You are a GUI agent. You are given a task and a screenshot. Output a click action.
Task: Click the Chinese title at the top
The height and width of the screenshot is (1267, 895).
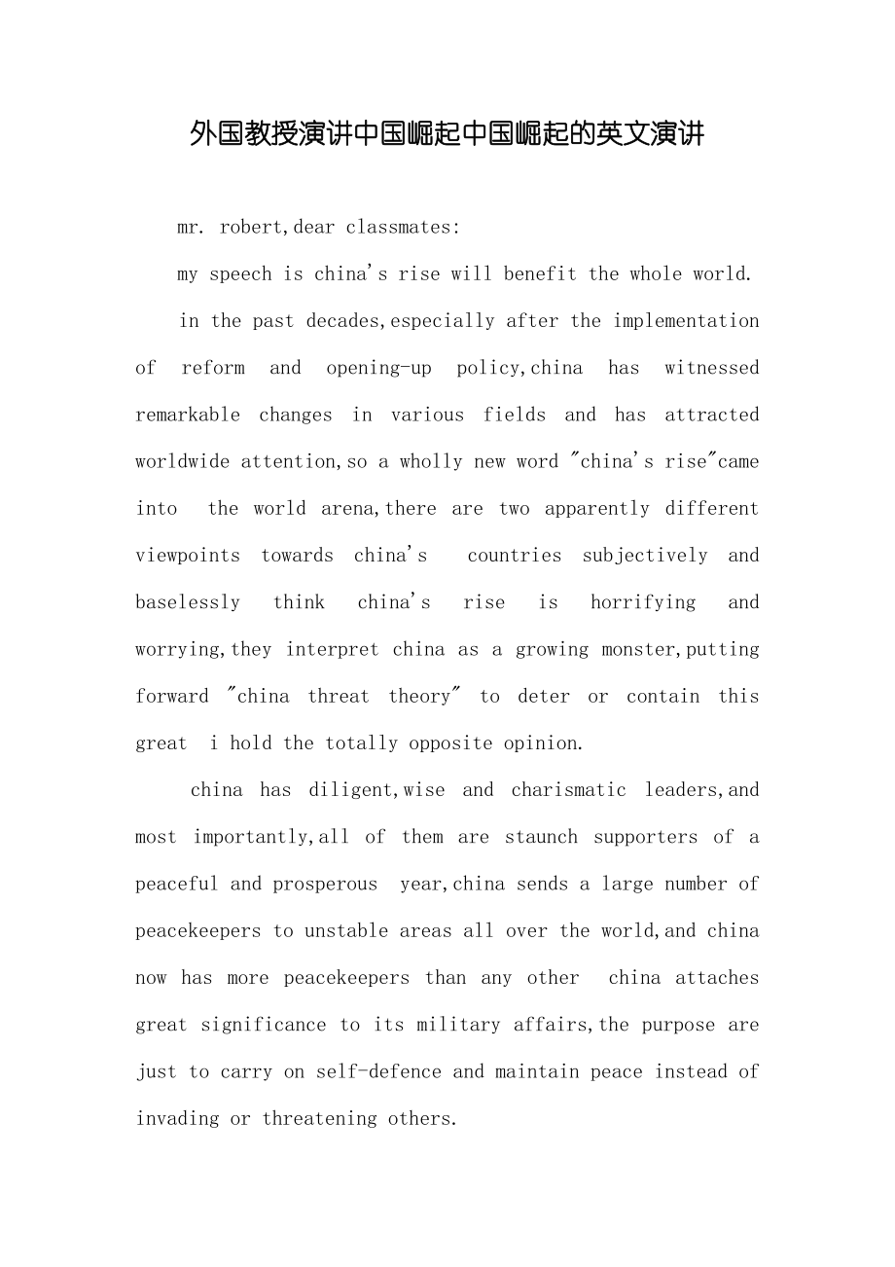coord(447,133)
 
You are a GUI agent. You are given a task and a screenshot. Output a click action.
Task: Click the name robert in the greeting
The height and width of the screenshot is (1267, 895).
coord(252,227)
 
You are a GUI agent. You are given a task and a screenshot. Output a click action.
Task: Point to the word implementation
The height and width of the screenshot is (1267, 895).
coord(686,320)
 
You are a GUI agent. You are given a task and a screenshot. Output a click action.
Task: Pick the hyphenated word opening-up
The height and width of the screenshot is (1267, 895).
coord(378,367)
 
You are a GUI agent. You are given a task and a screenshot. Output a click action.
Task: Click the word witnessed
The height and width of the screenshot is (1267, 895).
coord(711,367)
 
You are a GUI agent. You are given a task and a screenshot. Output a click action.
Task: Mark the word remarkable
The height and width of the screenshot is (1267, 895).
coord(188,414)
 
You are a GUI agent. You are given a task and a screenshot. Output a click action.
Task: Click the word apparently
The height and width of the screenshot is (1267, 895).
coord(596,508)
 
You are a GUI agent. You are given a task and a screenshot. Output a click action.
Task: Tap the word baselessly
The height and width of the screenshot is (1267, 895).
coord(188,601)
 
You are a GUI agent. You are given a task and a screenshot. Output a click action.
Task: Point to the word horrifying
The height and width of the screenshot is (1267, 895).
coord(643,601)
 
